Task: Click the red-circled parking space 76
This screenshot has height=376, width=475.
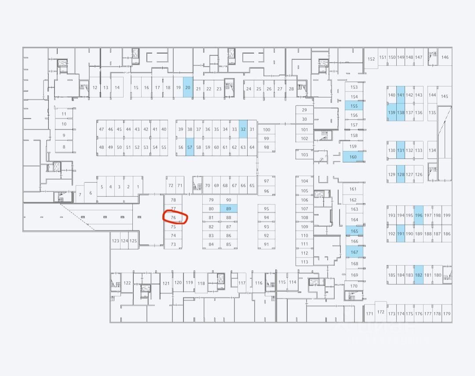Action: (x=173, y=218)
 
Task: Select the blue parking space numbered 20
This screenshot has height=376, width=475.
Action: (x=188, y=88)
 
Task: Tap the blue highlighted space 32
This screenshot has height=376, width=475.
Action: (x=243, y=129)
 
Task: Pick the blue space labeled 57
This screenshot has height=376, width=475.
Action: (x=190, y=147)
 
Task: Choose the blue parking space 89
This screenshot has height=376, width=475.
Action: (x=228, y=209)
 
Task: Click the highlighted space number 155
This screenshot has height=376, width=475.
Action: (x=354, y=106)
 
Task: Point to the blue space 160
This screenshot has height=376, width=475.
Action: (x=353, y=157)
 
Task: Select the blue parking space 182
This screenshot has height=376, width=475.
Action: (x=418, y=275)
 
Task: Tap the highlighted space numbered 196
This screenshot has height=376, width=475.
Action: (x=418, y=215)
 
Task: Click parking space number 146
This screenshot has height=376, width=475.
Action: (x=445, y=57)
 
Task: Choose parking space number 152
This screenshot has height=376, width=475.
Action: (x=371, y=59)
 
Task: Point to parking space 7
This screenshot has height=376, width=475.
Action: (x=80, y=194)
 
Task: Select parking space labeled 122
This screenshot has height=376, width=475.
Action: (x=127, y=283)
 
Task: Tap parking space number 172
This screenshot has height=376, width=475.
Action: (x=380, y=312)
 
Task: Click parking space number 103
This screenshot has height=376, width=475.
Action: (x=304, y=155)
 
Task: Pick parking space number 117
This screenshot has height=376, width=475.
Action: (x=241, y=283)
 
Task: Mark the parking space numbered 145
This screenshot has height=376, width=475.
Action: (x=444, y=96)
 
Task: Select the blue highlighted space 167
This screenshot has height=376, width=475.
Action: (x=354, y=252)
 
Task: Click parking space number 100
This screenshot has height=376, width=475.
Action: (x=266, y=130)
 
